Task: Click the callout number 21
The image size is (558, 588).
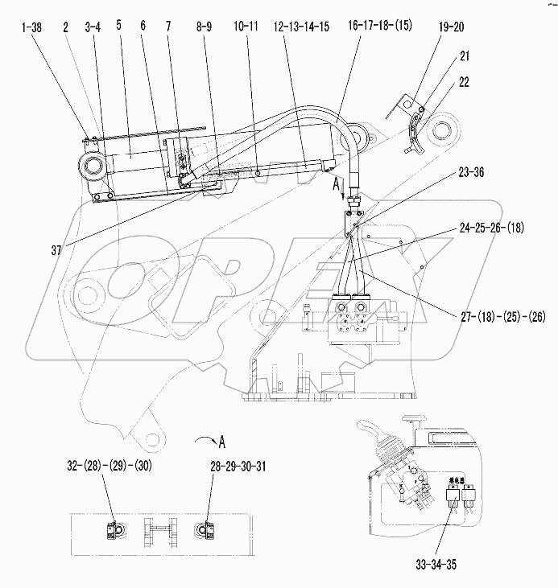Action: coord(465,56)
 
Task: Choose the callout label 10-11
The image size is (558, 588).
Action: coord(246,28)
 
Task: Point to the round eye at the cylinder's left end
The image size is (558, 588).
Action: coord(91,168)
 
